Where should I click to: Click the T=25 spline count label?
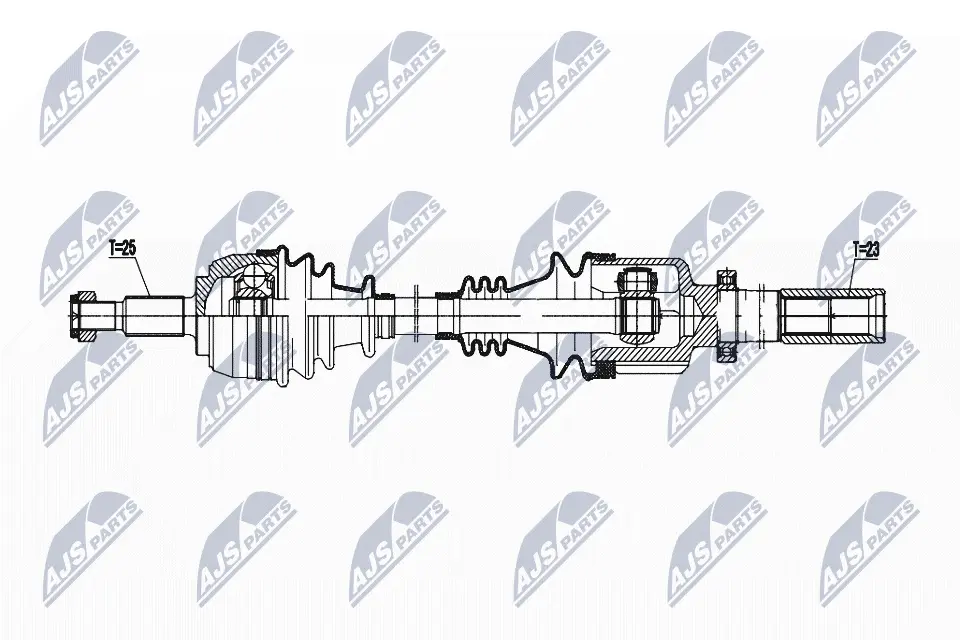(122, 249)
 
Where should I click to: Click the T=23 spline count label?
(866, 249)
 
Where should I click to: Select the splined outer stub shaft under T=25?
(155, 316)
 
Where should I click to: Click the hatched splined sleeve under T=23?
(832, 316)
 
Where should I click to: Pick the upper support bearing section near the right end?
(727, 279)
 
